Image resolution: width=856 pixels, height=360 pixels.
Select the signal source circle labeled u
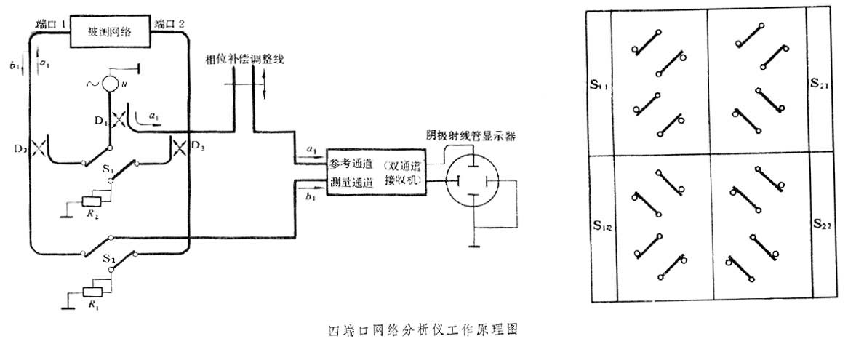coord(109,84)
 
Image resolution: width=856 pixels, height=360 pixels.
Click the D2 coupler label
coord(22,150)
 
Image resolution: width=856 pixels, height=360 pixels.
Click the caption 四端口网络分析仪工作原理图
coord(423,329)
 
